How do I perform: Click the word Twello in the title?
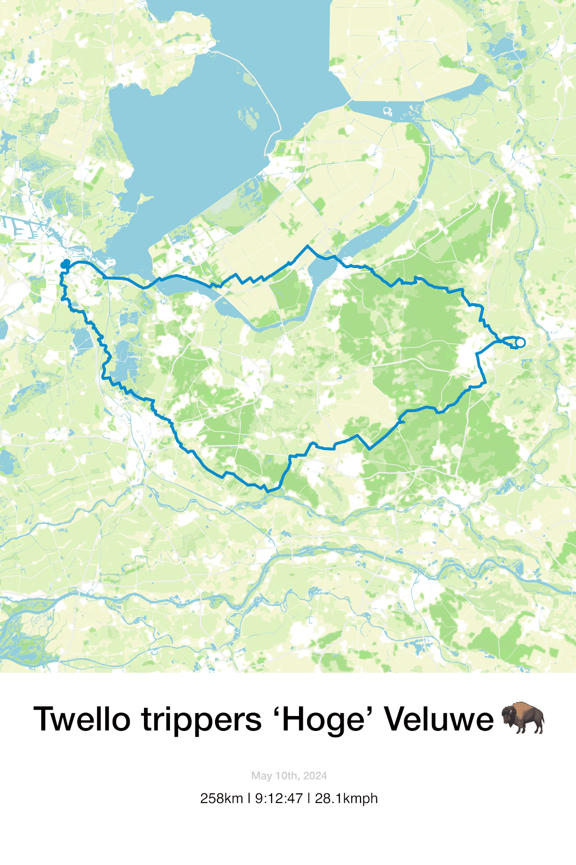coord(82,719)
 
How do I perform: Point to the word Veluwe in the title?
coord(439,719)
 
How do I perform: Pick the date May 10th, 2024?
coord(289,776)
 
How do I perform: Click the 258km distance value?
coord(221,799)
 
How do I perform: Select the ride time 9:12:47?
coord(279,799)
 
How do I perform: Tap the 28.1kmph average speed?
coord(346,799)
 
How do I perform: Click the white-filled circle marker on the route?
coord(520,343)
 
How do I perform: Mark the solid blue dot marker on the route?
coord(65,264)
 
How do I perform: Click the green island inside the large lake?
coord(249,118)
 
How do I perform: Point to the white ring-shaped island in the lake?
coord(387,112)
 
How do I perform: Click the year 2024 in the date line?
coord(315,776)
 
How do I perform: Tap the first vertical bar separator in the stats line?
coord(249,799)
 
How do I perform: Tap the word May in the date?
coord(261,776)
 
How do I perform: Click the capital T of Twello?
coord(44,719)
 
